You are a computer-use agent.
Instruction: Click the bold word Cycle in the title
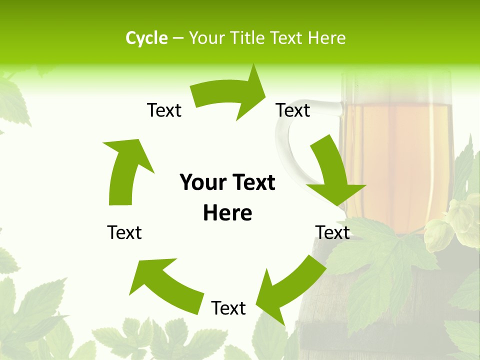pos(146,38)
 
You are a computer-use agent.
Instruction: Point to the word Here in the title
pos(326,38)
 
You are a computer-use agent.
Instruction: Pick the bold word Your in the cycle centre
pos(201,183)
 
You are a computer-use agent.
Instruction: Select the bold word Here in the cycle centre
pos(227,213)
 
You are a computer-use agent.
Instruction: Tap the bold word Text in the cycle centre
pos(253,183)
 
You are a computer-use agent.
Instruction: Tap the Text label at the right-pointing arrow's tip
pos(293,110)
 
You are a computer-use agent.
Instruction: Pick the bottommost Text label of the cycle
pos(228,308)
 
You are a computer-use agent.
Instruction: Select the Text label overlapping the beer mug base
pos(332,232)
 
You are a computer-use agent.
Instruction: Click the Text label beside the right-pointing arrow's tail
pos(164,110)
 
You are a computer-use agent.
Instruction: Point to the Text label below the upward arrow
pos(124,232)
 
